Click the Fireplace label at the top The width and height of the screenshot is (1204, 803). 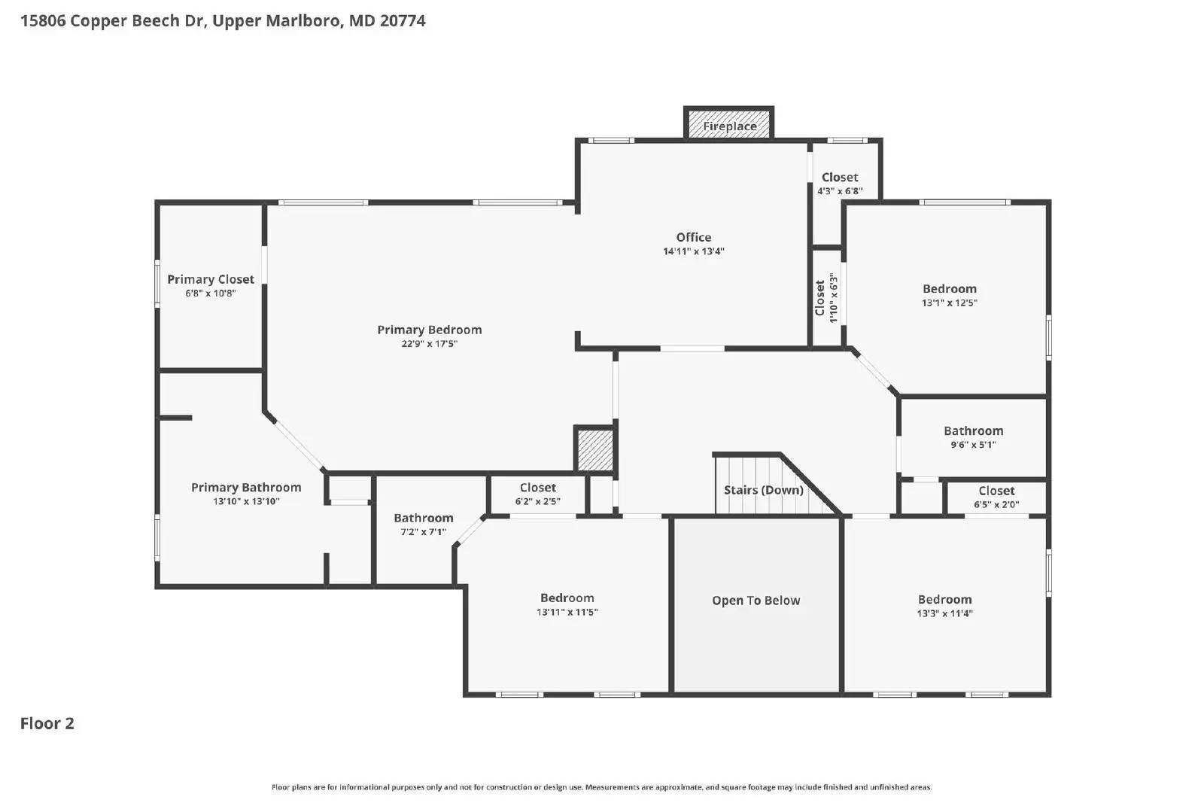[729, 126]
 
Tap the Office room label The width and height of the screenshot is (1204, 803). [693, 237]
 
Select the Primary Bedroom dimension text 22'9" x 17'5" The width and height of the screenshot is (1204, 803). [429, 344]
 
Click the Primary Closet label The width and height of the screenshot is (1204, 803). [211, 279]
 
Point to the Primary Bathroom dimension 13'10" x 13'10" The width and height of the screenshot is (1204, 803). [246, 501]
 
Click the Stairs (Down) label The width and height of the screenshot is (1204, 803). [763, 490]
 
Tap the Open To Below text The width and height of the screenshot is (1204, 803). [756, 601]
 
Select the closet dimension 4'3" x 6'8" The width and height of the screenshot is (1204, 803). [840, 191]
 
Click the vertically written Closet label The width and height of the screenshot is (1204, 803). [819, 298]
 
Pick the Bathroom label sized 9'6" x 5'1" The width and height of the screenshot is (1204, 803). [973, 430]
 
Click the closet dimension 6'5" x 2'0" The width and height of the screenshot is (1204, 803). [996, 504]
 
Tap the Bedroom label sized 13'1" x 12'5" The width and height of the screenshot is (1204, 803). [949, 289]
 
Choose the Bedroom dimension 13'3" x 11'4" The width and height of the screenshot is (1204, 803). [944, 613]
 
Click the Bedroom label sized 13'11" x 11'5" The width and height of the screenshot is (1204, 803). [567, 598]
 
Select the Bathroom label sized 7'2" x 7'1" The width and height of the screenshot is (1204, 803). [423, 518]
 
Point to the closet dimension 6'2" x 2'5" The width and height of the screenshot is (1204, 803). [537, 501]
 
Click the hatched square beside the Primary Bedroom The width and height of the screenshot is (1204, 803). [594, 450]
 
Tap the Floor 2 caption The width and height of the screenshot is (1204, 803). [47, 723]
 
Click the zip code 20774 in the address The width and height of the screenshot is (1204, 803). [403, 20]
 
